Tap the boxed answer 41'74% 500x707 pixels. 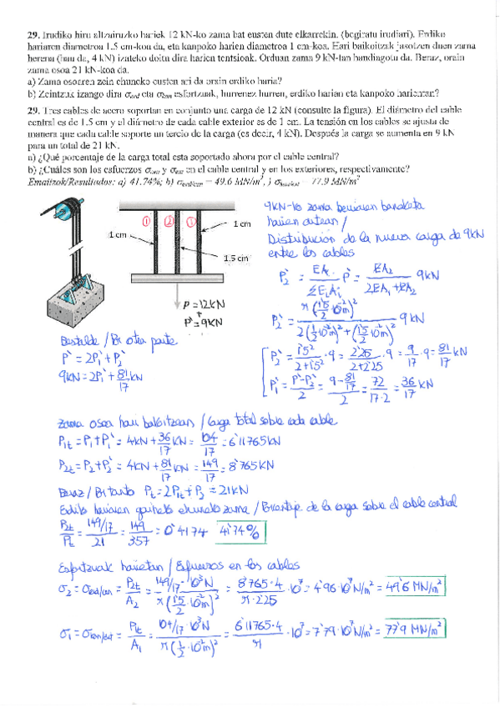click(239, 531)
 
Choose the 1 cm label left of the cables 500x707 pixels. click(118, 235)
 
